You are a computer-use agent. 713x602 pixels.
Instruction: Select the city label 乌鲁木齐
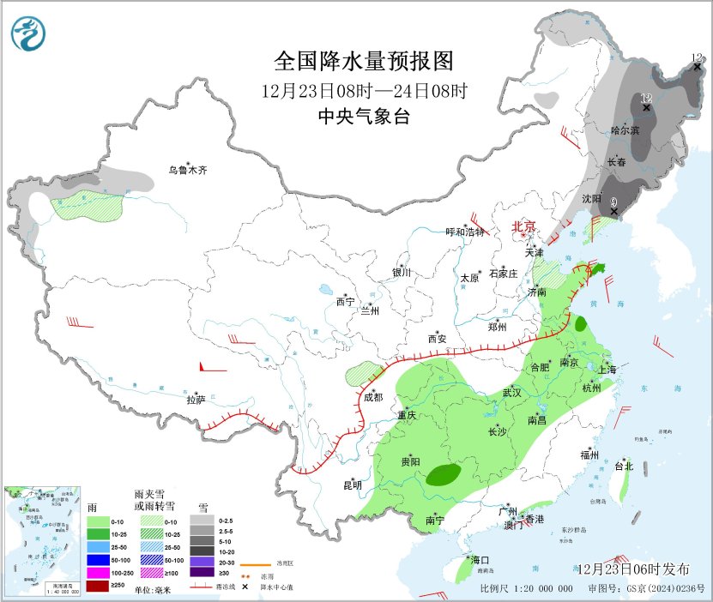pos(187,171)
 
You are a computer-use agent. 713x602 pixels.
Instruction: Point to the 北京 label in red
pos(523,226)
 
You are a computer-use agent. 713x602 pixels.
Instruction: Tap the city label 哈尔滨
pos(625,130)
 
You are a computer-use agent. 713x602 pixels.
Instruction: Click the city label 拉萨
pos(196,400)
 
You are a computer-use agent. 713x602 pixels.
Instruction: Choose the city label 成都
pos(372,397)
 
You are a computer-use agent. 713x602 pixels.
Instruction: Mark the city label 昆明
pos(353,485)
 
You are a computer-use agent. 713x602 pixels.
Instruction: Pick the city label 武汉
pos(512,392)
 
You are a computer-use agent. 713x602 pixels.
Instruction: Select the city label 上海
pos(607,370)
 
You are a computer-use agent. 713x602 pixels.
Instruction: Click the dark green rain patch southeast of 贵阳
pos(444,473)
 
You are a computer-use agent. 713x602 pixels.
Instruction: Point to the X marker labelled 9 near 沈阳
pos(613,211)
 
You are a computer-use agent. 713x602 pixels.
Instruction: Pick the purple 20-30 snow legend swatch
pos(202,559)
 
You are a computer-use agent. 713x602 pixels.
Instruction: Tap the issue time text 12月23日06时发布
pos(633,569)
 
